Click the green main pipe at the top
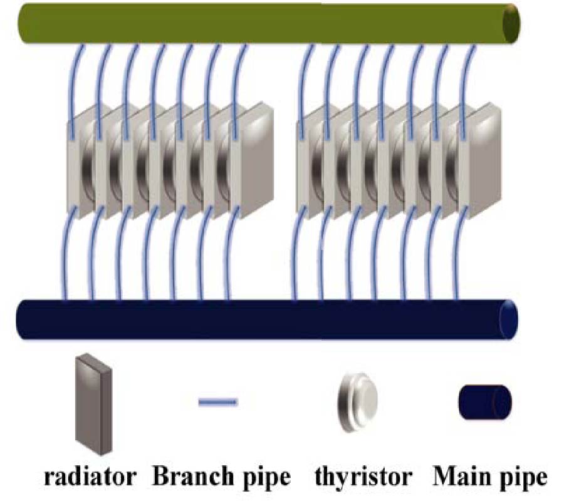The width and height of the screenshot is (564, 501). (263, 24)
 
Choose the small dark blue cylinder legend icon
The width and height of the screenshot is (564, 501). (485, 401)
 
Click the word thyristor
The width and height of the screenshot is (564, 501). (363, 478)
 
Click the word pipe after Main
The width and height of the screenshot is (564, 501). (521, 479)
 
